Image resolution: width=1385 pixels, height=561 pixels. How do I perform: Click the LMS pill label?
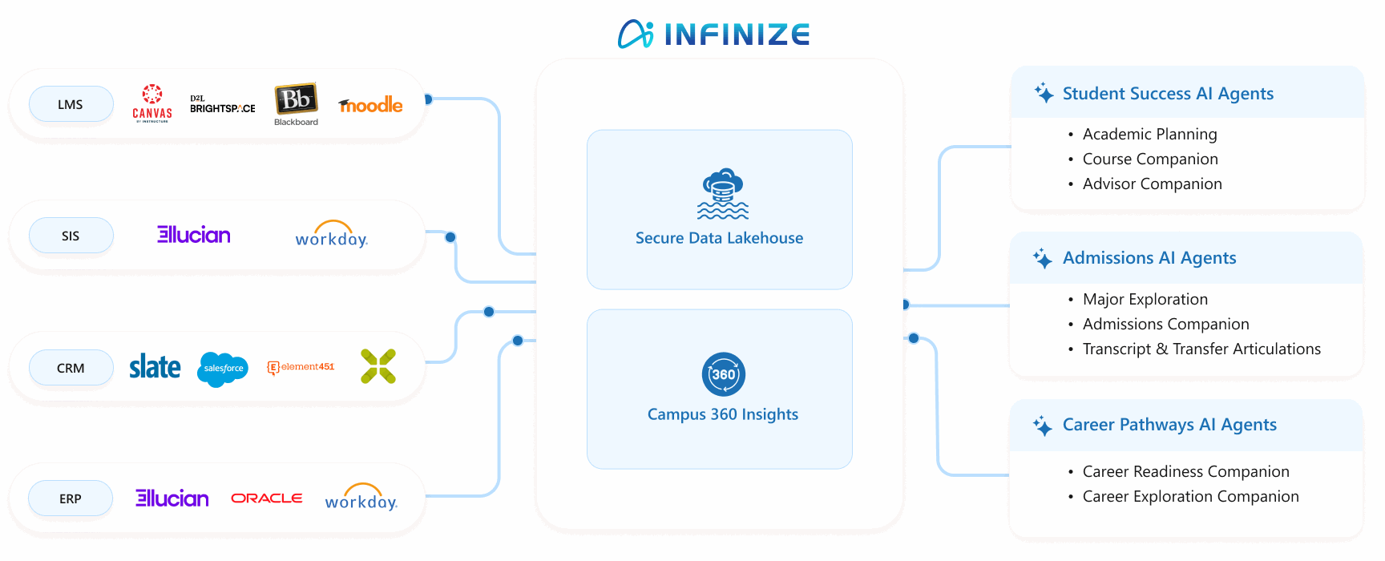point(71,104)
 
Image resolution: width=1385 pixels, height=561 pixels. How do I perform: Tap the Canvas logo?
point(152,103)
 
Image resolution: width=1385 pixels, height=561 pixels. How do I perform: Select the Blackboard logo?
point(297,103)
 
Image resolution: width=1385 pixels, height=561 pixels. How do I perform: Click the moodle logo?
point(370,105)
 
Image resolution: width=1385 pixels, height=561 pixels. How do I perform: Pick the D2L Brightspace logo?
point(222,104)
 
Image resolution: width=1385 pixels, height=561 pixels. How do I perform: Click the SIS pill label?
point(71,236)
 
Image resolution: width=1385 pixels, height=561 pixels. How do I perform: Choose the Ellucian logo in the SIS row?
point(194,235)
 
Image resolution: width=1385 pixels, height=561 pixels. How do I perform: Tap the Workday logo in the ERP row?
point(361,498)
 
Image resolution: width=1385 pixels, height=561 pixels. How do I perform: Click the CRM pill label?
point(71,368)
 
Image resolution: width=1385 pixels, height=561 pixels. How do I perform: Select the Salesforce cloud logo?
point(223,369)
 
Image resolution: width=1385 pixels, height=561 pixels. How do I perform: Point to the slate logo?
point(155,367)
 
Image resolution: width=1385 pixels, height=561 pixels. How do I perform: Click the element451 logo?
point(301,367)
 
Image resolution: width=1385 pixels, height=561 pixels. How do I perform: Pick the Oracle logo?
point(267,498)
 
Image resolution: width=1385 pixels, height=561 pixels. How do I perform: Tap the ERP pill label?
point(71,498)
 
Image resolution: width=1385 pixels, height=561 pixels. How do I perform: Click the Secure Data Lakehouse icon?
point(722,194)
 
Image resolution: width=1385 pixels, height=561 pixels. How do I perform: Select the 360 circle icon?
point(723,374)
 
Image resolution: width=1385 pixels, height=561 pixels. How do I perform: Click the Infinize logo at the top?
point(713,34)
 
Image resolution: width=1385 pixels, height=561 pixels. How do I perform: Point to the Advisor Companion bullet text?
point(1152,184)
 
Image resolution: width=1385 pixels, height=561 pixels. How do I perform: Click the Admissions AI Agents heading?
point(1149,258)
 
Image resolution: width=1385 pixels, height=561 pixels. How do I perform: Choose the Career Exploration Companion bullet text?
point(1190,497)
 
